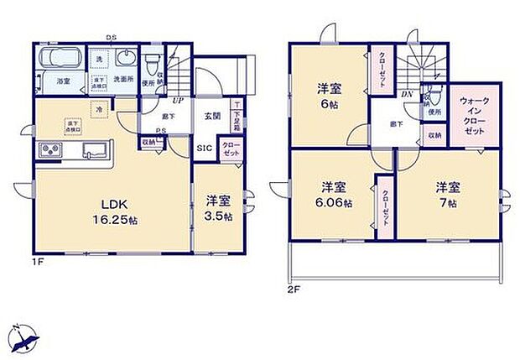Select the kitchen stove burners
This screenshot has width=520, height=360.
(48, 152)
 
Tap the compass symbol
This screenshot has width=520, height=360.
(25, 336)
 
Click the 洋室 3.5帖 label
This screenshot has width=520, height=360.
(217, 207)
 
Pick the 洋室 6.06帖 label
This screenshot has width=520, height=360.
(334, 194)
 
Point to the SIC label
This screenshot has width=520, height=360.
(204, 148)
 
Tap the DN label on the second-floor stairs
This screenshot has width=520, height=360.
(406, 96)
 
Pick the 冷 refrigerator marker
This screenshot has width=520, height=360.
(98, 108)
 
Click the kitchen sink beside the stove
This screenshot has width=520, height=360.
(92, 151)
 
